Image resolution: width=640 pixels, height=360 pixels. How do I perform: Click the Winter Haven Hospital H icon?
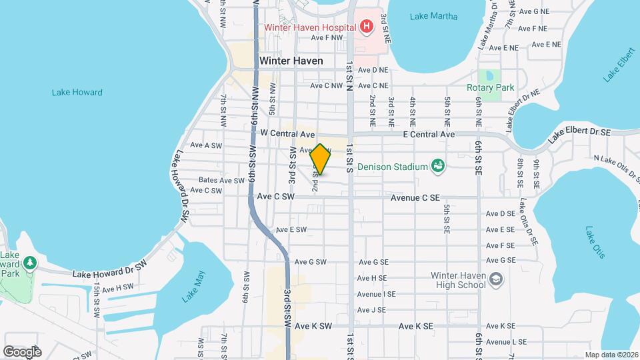click(x=366, y=27)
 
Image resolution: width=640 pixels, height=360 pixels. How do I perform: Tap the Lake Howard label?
click(x=77, y=93)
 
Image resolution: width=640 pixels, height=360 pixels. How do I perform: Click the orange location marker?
click(x=320, y=159)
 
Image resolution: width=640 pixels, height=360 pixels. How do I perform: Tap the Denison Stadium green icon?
click(x=438, y=165)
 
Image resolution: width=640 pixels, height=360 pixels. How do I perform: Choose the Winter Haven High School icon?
click(x=495, y=279)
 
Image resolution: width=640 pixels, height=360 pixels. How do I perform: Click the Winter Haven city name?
click(x=291, y=61)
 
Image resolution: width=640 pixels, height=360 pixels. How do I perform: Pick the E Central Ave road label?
click(x=429, y=135)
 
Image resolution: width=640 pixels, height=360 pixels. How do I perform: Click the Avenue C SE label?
click(x=415, y=197)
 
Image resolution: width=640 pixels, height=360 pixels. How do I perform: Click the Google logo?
click(x=22, y=351)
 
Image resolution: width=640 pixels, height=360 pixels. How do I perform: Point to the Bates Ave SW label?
click(x=222, y=181)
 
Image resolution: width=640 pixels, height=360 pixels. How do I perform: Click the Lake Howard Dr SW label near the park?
click(x=109, y=272)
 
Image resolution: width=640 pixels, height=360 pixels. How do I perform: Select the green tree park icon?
click(x=29, y=263)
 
